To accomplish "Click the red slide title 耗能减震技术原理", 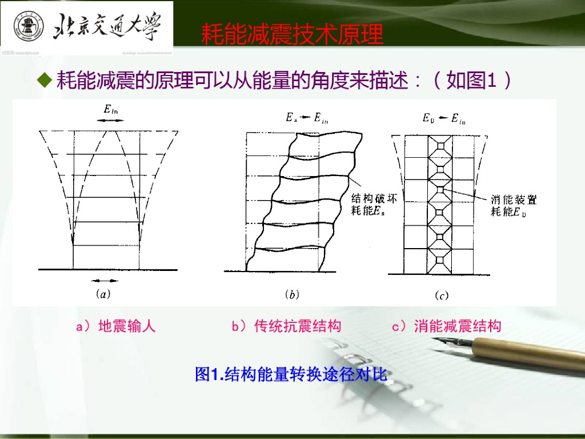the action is (292, 35).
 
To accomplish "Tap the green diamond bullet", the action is (45, 80).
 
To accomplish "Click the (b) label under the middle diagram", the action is (292, 295).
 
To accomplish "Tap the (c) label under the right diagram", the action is (441, 296).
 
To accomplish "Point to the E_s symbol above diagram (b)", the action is (291, 118).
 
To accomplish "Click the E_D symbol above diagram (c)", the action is (428, 118).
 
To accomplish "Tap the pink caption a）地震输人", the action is (116, 326).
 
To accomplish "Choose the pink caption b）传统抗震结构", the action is (286, 326).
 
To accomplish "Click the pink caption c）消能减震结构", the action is (446, 326).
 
